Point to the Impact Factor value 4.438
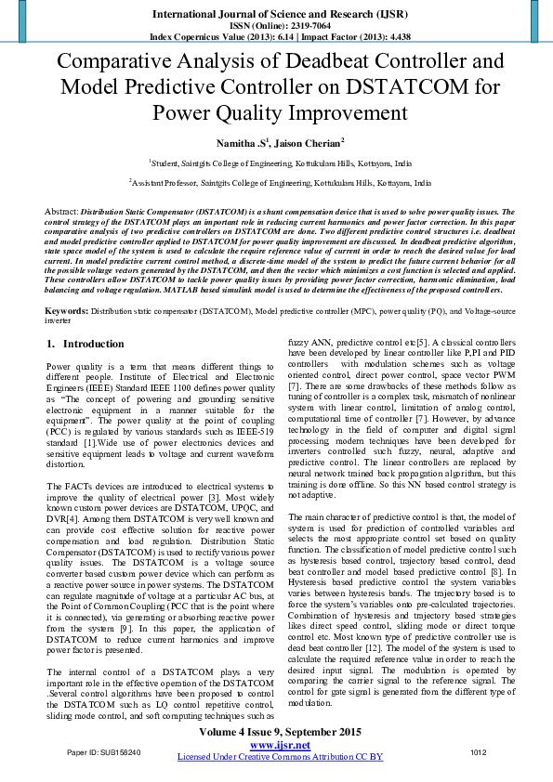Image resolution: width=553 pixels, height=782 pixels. coord(388,36)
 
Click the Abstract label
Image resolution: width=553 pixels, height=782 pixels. coord(60,212)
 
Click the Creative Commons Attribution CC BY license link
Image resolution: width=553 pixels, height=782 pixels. coord(279,756)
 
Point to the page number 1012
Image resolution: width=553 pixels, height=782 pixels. coord(479,751)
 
